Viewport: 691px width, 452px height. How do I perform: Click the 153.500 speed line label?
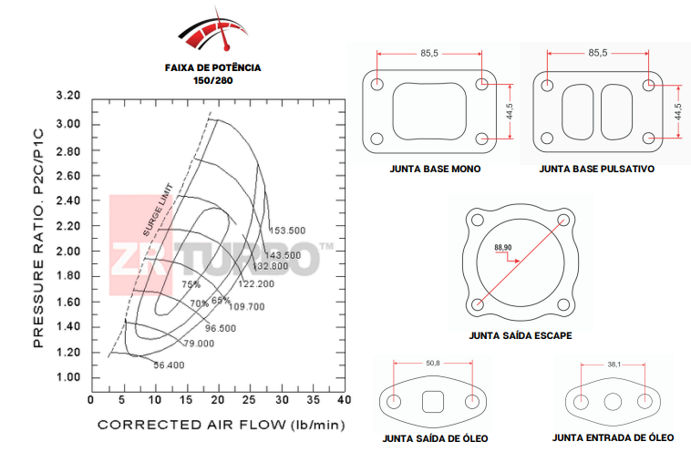pos(287,231)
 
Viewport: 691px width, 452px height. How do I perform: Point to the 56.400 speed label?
pos(169,365)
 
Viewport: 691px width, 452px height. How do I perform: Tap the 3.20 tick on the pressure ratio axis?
pos(68,96)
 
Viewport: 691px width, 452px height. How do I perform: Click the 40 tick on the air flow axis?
pos(344,399)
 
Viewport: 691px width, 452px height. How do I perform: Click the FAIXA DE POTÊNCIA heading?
pos(212,67)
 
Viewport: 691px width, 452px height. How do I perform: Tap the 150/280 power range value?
pos(212,80)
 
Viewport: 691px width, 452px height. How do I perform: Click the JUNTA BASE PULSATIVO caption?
pos(596,169)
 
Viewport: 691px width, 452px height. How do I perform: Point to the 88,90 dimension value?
pos(503,247)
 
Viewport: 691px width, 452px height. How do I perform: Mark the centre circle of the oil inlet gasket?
pos(613,402)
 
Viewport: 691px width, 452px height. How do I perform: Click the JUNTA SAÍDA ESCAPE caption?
pos(521,335)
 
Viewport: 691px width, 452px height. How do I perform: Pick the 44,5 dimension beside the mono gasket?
pos(511,112)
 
